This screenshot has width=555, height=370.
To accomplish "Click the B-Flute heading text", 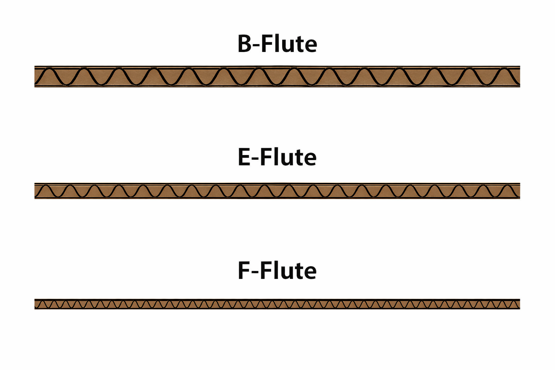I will (277, 44).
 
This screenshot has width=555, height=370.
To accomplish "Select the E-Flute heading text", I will (277, 157).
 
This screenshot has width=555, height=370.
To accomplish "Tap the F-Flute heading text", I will (277, 271).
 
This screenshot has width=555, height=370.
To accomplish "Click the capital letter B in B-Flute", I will (245, 44).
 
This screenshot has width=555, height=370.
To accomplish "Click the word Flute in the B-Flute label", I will (289, 44).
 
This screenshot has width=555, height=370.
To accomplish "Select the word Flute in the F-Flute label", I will (288, 271).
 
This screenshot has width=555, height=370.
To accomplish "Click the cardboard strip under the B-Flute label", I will (277, 77).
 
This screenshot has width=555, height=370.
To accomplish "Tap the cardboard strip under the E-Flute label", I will (277, 191).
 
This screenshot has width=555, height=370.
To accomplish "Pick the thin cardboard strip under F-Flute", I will (277, 304).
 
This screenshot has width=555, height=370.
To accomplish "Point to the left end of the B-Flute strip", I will (36, 77).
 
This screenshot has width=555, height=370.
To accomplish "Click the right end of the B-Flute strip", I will (519, 77).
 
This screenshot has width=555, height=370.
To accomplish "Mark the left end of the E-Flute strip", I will (36, 191).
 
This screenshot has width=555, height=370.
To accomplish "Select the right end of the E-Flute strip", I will (519, 191).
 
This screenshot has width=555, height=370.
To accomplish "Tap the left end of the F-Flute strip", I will (36, 304).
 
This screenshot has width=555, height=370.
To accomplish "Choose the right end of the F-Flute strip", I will (519, 304).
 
